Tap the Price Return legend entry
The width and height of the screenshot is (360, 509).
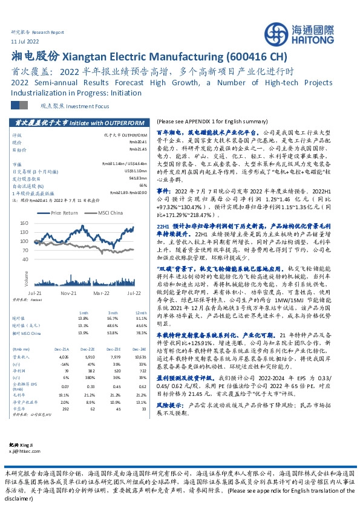pos(64,213)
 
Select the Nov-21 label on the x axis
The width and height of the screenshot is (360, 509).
pos(68,291)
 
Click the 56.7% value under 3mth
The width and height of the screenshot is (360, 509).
pos(112,318)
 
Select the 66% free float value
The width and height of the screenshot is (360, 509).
pos(143,185)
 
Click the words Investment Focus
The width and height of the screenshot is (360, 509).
pos(74,105)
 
